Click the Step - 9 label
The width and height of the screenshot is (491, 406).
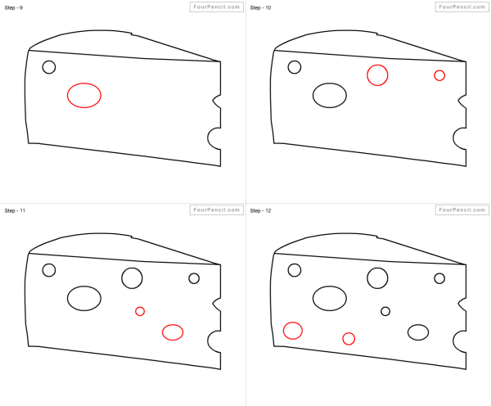(x=13, y=7)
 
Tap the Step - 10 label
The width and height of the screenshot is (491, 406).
(x=260, y=7)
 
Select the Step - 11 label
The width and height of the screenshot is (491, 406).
(x=15, y=210)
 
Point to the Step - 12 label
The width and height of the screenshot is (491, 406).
(x=260, y=210)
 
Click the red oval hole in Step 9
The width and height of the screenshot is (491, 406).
(x=84, y=83)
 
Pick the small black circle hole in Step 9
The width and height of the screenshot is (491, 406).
(x=49, y=61)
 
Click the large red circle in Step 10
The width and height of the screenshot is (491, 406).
(x=377, y=65)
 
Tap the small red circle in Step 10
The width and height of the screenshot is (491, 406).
(x=439, y=70)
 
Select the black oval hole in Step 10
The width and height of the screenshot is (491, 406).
(x=330, y=83)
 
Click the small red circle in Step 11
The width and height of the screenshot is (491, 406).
(x=140, y=307)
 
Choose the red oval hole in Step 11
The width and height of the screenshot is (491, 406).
(x=173, y=324)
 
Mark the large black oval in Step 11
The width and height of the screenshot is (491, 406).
(x=84, y=286)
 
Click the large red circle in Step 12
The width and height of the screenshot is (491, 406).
(x=293, y=322)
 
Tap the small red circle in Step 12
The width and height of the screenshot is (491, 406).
(x=349, y=333)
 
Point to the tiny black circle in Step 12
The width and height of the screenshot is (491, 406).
(x=385, y=307)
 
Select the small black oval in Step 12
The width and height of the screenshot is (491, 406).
(x=418, y=324)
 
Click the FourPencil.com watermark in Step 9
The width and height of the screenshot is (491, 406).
(x=217, y=7)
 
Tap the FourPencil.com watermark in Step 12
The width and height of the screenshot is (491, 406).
(x=462, y=210)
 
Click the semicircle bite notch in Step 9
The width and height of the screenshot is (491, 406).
(x=208, y=138)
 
